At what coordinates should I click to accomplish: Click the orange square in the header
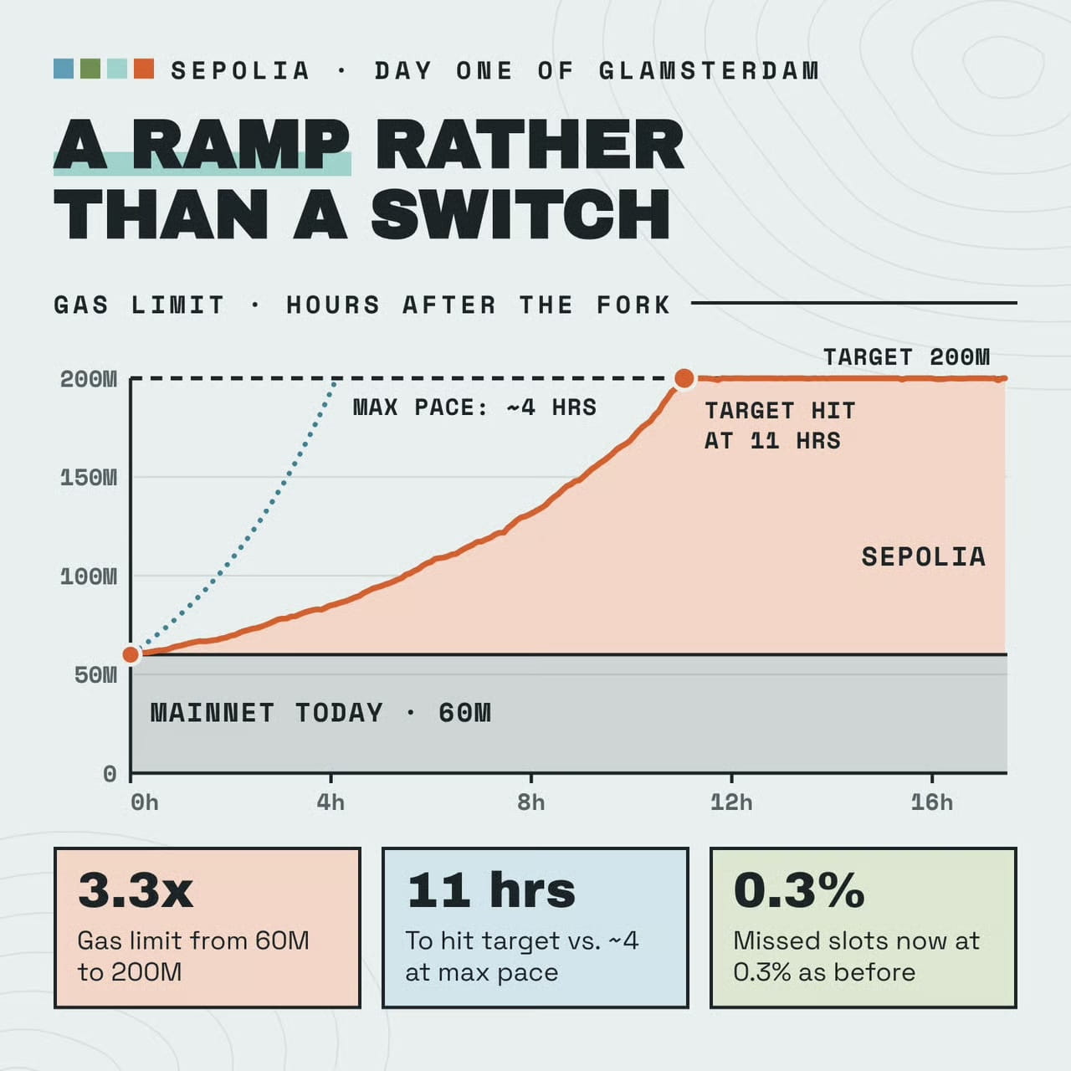click(x=144, y=69)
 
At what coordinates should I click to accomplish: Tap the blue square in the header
click(x=64, y=69)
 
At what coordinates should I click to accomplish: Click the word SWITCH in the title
click(x=520, y=214)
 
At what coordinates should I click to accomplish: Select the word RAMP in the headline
click(x=241, y=144)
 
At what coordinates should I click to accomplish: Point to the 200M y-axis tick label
click(x=89, y=379)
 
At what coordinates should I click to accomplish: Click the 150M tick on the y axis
click(x=89, y=478)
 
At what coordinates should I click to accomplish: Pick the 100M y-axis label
click(x=89, y=576)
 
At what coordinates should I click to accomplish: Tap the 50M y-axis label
click(x=95, y=674)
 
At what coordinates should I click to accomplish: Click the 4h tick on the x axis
click(x=331, y=802)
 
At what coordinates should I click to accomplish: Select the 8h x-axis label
click(x=530, y=802)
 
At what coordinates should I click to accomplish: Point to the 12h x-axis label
click(x=731, y=802)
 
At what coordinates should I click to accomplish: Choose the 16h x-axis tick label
click(x=931, y=802)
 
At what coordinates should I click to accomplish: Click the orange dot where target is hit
click(x=684, y=378)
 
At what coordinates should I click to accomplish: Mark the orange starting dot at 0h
click(x=131, y=654)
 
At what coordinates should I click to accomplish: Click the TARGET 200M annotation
click(x=906, y=356)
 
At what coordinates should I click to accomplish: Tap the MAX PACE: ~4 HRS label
click(x=474, y=407)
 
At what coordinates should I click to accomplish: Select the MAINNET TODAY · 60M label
click(x=320, y=713)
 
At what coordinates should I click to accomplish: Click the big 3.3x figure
click(x=136, y=891)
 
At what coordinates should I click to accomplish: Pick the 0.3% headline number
click(x=799, y=891)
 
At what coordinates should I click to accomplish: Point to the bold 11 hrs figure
click(x=491, y=891)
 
